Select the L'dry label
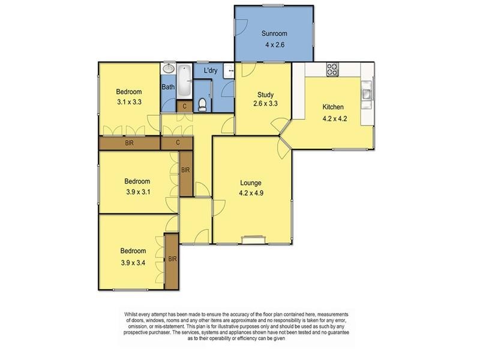click(210, 71)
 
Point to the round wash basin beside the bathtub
click(168, 69)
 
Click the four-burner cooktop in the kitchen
click(332, 70)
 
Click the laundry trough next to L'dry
click(228, 71)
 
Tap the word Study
click(265, 95)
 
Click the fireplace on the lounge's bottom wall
click(250, 241)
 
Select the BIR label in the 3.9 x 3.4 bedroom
click(172, 259)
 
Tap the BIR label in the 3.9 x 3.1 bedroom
click(185, 170)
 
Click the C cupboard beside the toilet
click(185, 107)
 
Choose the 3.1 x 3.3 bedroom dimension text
click(128, 102)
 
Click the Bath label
click(168, 88)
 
